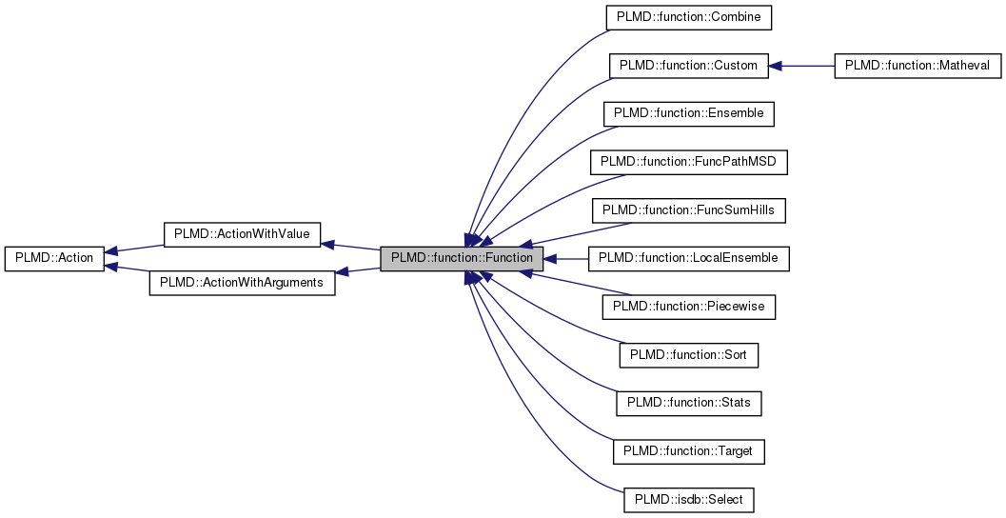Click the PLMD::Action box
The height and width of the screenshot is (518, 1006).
[x=54, y=258]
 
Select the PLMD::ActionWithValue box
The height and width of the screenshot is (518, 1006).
[x=242, y=234]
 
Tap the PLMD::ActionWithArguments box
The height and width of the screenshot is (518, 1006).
[x=242, y=283]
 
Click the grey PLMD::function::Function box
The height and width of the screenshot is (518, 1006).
[x=462, y=258]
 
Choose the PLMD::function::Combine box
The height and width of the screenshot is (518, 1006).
[x=689, y=17]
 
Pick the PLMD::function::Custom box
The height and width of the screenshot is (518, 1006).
[x=688, y=66]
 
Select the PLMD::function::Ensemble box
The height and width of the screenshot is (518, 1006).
[x=688, y=113]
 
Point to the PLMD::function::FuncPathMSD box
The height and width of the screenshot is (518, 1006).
[x=689, y=162]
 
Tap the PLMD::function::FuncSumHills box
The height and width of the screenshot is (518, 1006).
[x=689, y=209]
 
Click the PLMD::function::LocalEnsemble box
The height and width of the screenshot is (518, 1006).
[x=689, y=258]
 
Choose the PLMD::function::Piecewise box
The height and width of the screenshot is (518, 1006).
[x=689, y=307]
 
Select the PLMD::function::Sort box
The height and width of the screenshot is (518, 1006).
[x=689, y=354]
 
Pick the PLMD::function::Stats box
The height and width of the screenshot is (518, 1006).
[x=689, y=403]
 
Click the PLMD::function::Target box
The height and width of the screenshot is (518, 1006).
[x=689, y=450]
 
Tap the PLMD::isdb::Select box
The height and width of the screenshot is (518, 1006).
[x=689, y=499]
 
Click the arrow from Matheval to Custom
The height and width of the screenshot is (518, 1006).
[x=800, y=66]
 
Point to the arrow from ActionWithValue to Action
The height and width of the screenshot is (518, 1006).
[x=133, y=249]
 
